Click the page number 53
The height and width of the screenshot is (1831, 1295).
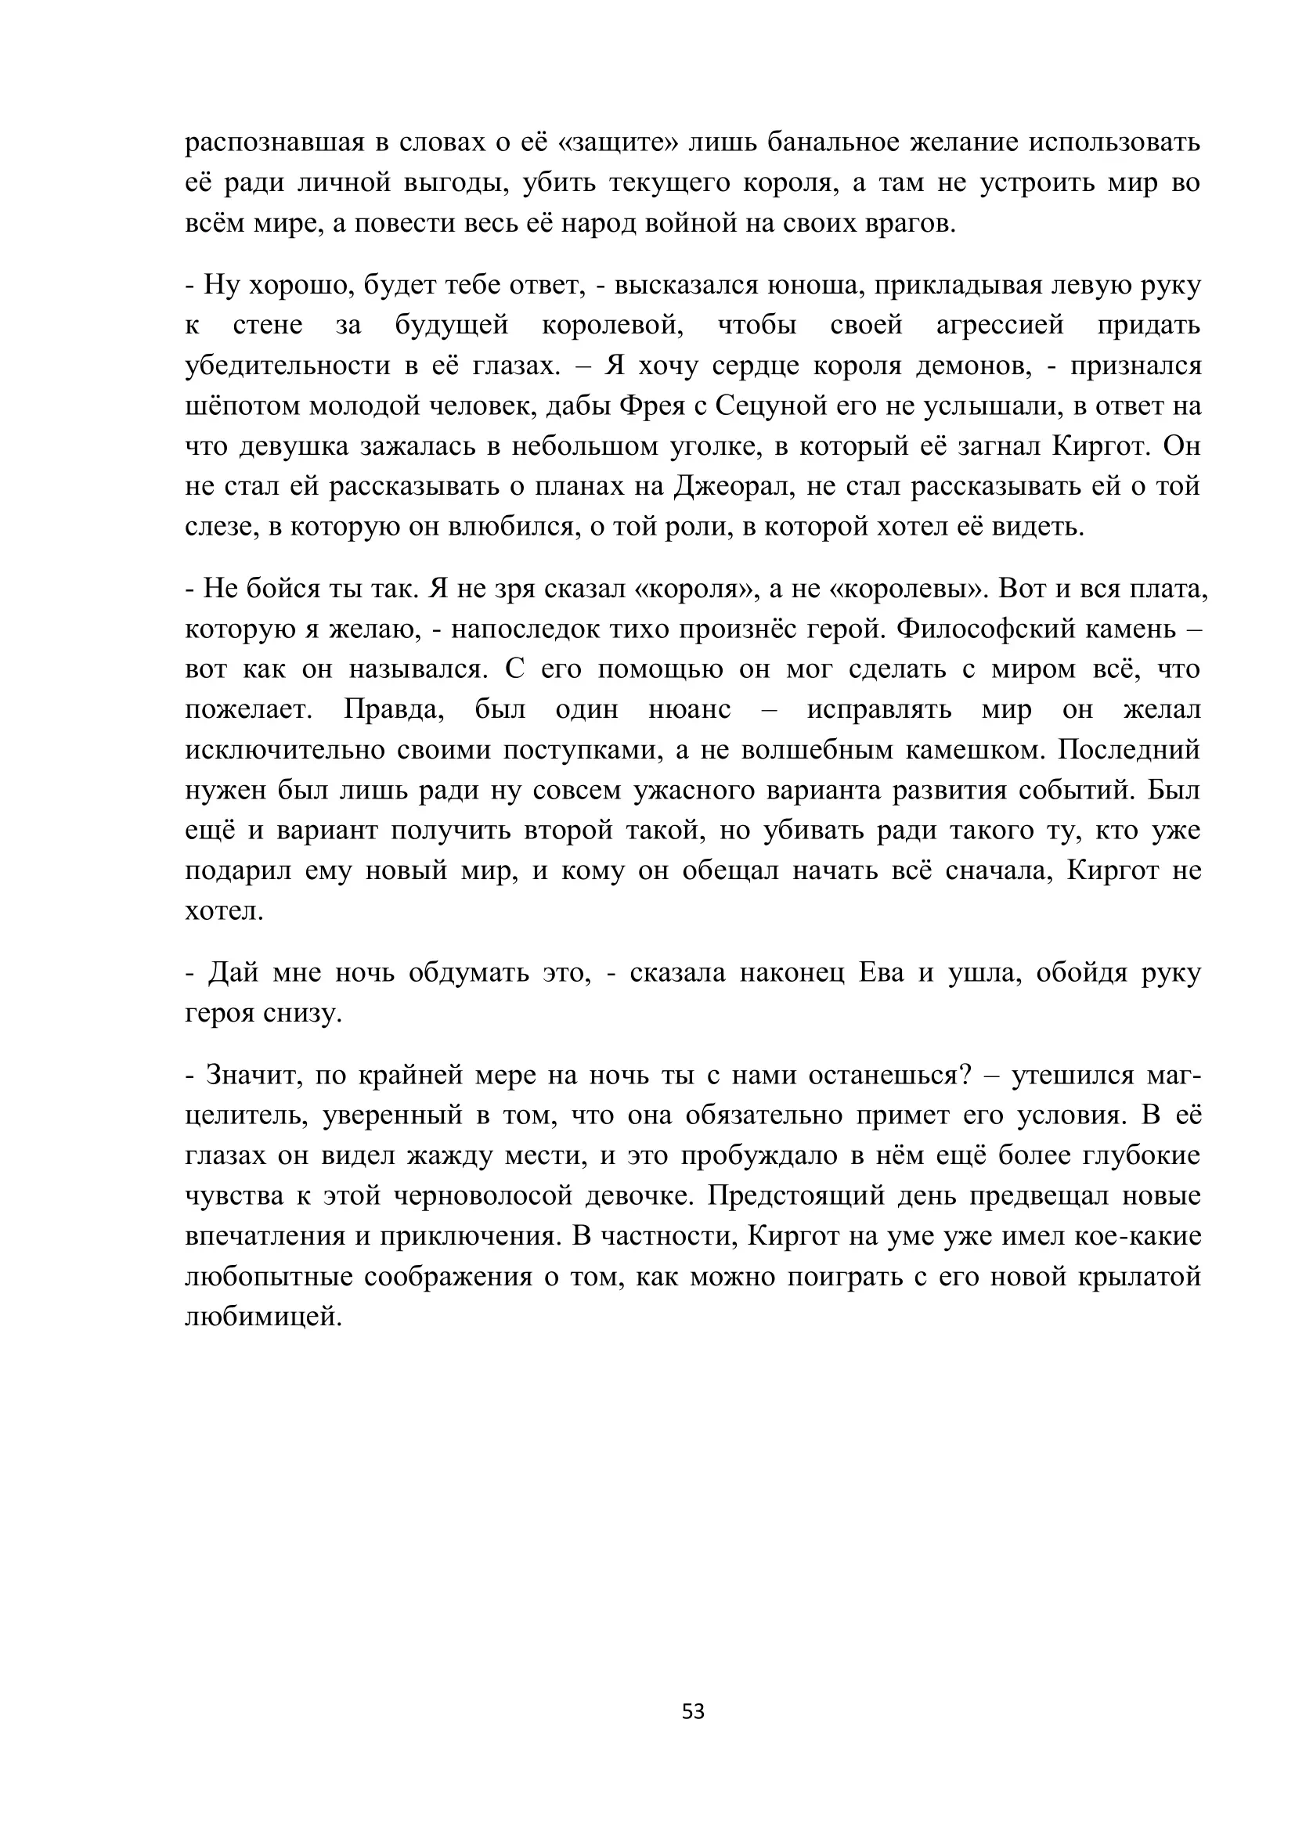693,1711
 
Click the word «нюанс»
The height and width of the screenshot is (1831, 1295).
689,710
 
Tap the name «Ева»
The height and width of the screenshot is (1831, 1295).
881,973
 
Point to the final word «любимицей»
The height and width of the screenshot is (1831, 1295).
263,1317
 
